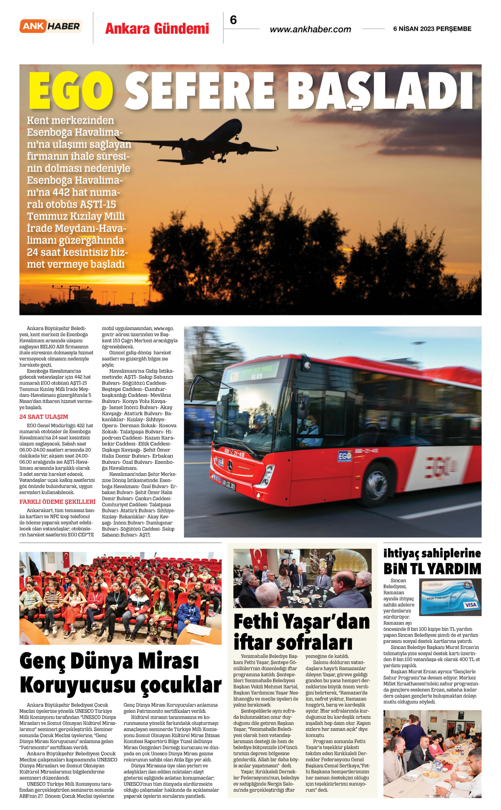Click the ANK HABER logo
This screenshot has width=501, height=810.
click(51, 26)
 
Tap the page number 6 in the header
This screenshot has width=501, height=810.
click(233, 20)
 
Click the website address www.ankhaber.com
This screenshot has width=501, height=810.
click(310, 29)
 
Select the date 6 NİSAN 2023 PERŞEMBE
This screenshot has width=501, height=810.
click(432, 29)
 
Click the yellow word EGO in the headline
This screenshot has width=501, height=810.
click(71, 91)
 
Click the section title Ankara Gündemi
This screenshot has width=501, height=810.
click(157, 29)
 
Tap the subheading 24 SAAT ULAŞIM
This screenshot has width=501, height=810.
click(44, 417)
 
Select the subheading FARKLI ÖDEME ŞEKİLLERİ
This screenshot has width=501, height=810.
click(58, 502)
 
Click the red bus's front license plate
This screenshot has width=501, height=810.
click(229, 485)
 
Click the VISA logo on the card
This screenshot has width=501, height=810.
click(470, 605)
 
